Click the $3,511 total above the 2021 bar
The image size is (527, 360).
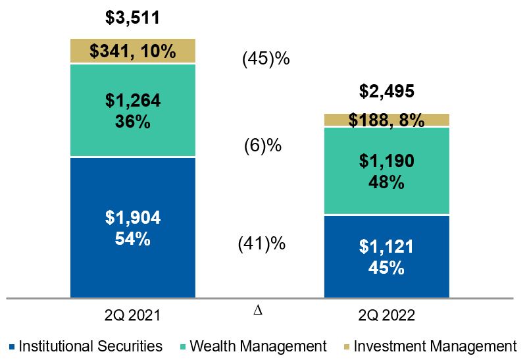click(132, 17)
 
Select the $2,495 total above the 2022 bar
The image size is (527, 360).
click(386, 91)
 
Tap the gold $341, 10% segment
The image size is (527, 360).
click(132, 51)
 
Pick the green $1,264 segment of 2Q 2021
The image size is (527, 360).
click(132, 110)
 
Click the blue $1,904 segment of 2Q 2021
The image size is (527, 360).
click(132, 228)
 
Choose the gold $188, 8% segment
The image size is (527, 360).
click(386, 120)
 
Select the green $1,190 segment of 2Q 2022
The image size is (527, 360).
click(386, 170)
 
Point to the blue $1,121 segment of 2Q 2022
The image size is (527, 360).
click(386, 257)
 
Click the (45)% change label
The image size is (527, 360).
click(266, 59)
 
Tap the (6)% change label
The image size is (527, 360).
click(263, 145)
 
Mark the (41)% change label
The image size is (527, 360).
click(261, 244)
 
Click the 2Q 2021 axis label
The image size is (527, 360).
click(132, 316)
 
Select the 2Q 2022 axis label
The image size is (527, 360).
click(386, 316)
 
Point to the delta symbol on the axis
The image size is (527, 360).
click(257, 310)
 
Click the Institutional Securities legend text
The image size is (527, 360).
click(91, 346)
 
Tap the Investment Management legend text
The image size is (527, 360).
click(435, 346)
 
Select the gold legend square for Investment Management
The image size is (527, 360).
click(345, 347)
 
